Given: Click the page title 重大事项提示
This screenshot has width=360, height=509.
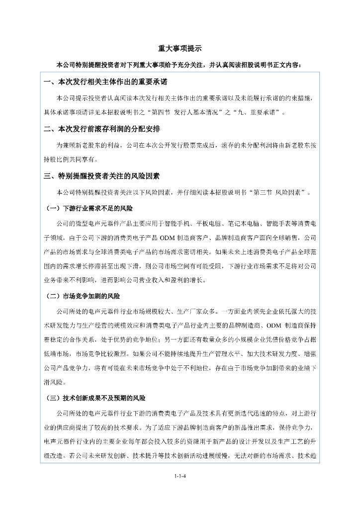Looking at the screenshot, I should pos(180,49).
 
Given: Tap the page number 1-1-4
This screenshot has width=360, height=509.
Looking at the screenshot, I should pos(180,476).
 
